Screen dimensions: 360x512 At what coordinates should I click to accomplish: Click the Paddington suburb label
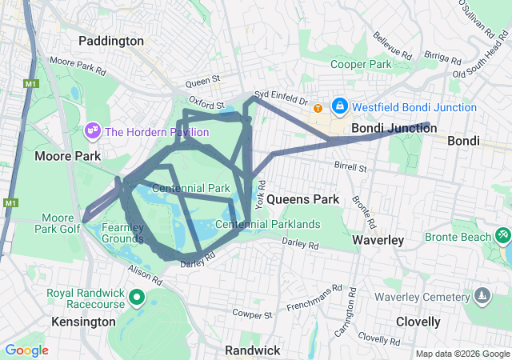pos(111,40)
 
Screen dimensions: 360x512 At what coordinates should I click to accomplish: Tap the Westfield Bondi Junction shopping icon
pos(340,106)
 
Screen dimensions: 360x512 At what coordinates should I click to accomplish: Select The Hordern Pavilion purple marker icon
pos(92,130)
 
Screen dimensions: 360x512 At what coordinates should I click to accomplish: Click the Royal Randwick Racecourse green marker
pos(136,299)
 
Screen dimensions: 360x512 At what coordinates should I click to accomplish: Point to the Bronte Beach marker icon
pos(502,237)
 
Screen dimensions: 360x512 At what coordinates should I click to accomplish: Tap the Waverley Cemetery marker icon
pos(482,297)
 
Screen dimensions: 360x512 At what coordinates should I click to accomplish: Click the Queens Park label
pos(302,198)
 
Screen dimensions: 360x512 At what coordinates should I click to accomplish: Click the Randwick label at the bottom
pos(252,350)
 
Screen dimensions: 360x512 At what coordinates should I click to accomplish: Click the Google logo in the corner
pos(26,350)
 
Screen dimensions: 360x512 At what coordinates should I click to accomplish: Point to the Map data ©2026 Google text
pos(462,354)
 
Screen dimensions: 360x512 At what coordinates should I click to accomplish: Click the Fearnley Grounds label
pos(122,233)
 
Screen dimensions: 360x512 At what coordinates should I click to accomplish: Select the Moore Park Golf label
pos(58,223)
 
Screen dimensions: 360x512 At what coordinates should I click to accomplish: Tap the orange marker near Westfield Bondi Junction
pos(318,108)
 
